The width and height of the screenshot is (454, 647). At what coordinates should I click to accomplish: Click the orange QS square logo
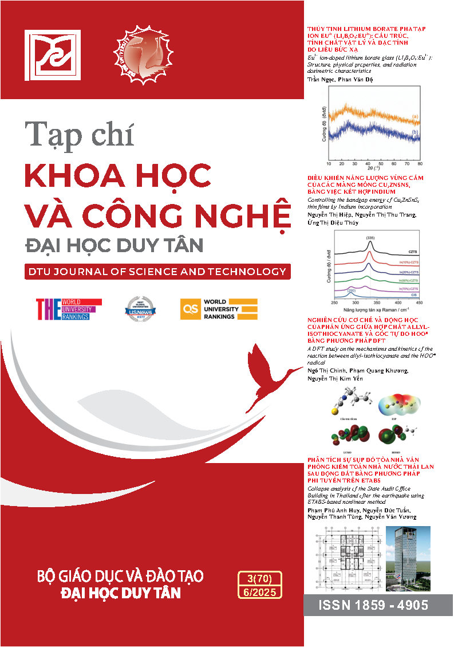click(189, 308)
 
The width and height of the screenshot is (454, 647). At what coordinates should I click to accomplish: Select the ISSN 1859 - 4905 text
click(377, 605)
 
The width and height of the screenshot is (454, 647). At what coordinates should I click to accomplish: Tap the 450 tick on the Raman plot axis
click(418, 302)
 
